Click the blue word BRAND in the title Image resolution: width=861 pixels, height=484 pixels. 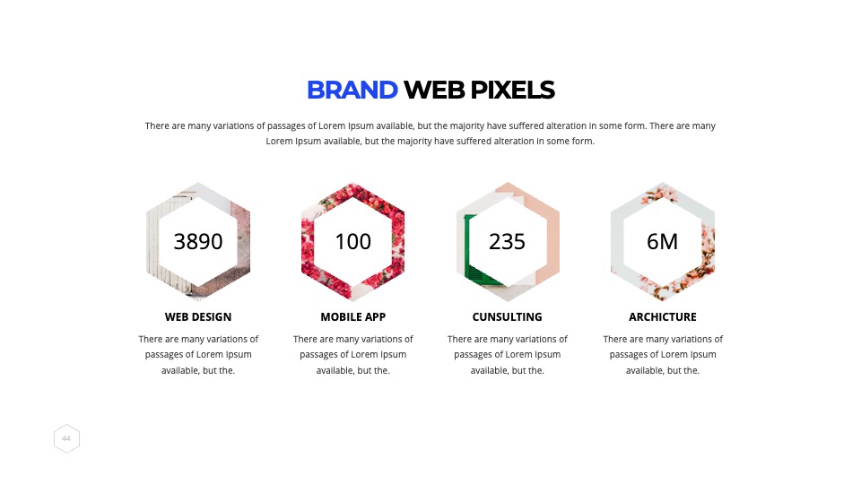tap(352, 90)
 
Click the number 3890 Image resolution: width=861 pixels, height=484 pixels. tap(198, 241)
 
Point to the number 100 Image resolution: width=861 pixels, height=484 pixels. tap(353, 241)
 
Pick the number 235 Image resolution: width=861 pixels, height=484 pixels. tap(508, 241)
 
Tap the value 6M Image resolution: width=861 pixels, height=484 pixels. tap(662, 241)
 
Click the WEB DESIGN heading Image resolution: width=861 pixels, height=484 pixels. tap(198, 316)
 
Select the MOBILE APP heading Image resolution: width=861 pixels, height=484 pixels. tap(353, 316)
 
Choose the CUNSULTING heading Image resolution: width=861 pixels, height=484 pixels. tap(508, 316)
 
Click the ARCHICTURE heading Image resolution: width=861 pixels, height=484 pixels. tap(663, 316)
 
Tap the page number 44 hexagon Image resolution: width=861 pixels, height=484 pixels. tap(66, 438)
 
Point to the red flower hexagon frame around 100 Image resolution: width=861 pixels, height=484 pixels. tap(308, 241)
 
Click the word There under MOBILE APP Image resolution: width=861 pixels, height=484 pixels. tap(305, 339)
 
